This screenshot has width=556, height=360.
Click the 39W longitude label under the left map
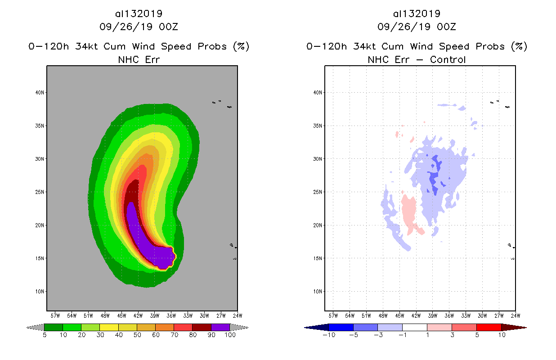pos(154,315)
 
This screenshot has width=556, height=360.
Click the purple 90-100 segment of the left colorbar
pos(220,327)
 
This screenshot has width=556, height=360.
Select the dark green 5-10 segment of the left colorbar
pos(54,327)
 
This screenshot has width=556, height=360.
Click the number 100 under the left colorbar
pos(230,335)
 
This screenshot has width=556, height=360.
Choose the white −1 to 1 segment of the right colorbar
pos(414,327)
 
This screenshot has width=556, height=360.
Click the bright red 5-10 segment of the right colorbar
pos(489,327)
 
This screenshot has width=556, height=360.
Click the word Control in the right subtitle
pos(448,59)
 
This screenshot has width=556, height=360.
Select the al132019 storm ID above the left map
pos(139,14)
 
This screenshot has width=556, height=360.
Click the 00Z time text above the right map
pos(447,27)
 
